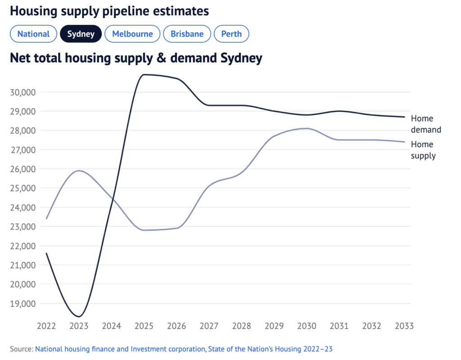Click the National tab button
coord(33,34)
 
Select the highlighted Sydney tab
coord(81,34)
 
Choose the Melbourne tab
coord(132,34)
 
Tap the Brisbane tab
coord(187,34)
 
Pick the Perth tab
coord(231,34)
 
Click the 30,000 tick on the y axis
coord(22,92)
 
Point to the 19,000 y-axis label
coord(22,304)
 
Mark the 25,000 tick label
coord(22,188)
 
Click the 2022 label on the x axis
coord(46,326)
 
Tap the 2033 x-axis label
coord(404,326)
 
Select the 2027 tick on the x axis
coord(209,326)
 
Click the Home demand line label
coord(425,124)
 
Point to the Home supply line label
coord(423,150)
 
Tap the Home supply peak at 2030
coord(307,128)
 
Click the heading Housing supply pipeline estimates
coord(109,11)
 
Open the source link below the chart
coord(184,349)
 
